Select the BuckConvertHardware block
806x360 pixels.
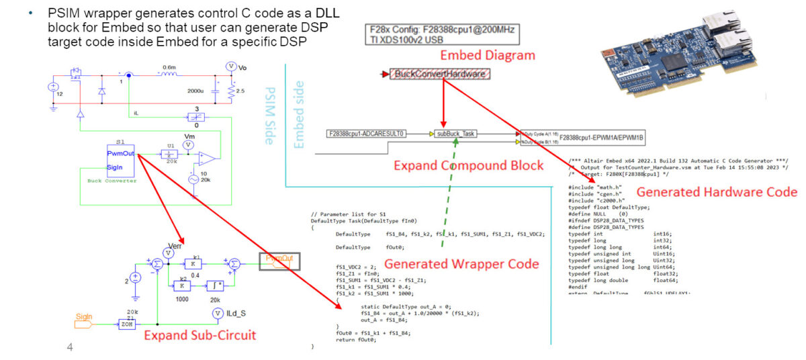(x=440, y=74)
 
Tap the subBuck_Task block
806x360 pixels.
(x=455, y=134)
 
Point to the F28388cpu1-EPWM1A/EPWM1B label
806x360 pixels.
(x=592, y=138)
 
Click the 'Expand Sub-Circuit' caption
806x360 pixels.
(x=200, y=334)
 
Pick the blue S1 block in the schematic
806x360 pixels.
(x=120, y=161)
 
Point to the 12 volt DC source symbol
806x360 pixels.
(x=53, y=87)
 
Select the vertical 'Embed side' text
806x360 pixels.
(x=300, y=114)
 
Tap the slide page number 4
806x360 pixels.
(x=69, y=347)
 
